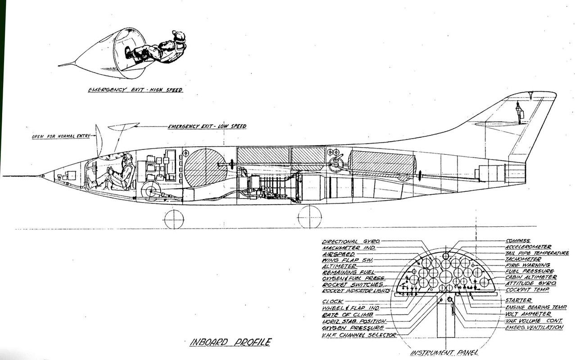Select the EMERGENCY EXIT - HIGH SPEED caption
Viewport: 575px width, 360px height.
click(x=135, y=90)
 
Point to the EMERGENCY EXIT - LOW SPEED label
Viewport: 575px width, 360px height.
click(x=207, y=126)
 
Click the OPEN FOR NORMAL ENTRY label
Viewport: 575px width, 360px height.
click(x=61, y=136)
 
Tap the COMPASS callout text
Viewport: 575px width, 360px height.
click(x=518, y=241)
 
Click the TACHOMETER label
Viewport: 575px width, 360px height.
click(x=523, y=259)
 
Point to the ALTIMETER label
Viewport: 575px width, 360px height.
click(x=340, y=266)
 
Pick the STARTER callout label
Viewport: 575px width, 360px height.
click(x=518, y=300)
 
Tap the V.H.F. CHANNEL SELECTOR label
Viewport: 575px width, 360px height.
click(x=359, y=335)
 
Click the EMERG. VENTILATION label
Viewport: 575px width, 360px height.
click(x=534, y=327)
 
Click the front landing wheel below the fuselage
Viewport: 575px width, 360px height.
click(x=174, y=219)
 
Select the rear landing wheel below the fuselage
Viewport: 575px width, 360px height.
click(x=309, y=217)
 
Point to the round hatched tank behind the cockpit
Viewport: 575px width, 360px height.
click(x=205, y=167)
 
